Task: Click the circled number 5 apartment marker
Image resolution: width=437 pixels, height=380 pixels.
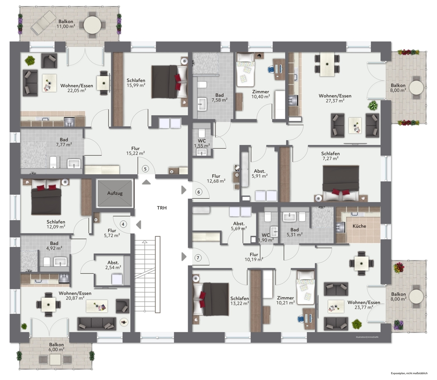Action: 146,169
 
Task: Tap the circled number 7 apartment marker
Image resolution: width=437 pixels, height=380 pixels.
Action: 198,258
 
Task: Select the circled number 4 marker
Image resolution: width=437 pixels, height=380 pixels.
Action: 124,224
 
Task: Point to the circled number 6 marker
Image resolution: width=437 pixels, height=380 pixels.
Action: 199,192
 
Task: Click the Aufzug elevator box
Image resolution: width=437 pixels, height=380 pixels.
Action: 115,193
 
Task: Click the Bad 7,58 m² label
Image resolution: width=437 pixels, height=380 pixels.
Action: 219,97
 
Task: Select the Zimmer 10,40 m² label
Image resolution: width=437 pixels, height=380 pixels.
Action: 261,94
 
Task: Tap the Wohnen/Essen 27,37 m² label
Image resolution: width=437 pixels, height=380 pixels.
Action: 335,98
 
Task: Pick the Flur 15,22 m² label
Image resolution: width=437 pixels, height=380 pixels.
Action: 135,151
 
